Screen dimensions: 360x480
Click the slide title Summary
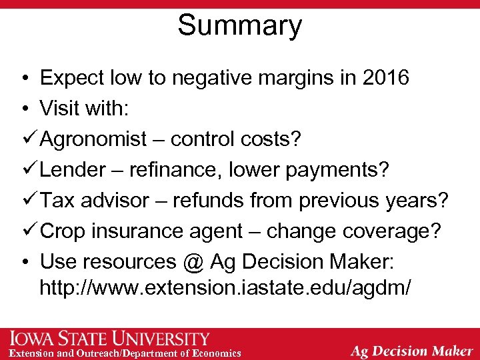pyautogui.click(x=239, y=25)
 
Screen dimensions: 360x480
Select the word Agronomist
pyautogui.click(x=93, y=139)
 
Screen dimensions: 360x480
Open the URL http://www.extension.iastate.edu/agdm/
pyautogui.click(x=225, y=288)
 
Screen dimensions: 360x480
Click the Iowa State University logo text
pyautogui.click(x=110, y=339)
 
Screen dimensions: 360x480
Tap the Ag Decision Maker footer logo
pyautogui.click(x=411, y=350)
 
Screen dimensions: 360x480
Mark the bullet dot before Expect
pyautogui.click(x=23, y=79)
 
